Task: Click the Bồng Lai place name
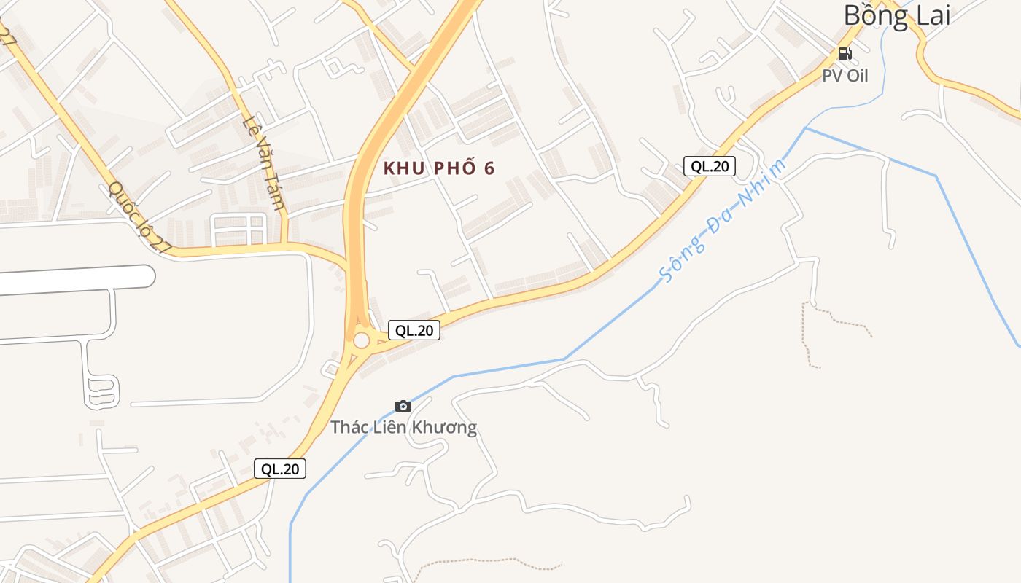[x=897, y=15]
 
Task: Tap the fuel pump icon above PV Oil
[x=845, y=53]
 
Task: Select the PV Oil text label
[x=845, y=75]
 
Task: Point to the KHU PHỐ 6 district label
[x=439, y=168]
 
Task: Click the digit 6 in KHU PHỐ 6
[x=489, y=168]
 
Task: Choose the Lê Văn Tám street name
[x=263, y=162]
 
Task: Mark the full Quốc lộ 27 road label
[x=139, y=217]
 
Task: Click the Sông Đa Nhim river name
[x=722, y=221]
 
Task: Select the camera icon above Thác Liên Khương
[x=403, y=406]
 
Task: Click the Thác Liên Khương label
[x=403, y=427]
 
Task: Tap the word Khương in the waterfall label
[x=444, y=427]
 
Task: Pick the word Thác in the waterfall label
[x=348, y=427]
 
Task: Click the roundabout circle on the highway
[x=361, y=340]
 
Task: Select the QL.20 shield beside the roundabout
[x=414, y=330]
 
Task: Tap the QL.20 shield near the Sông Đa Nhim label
[x=710, y=166]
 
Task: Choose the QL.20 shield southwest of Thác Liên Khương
[x=280, y=469]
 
